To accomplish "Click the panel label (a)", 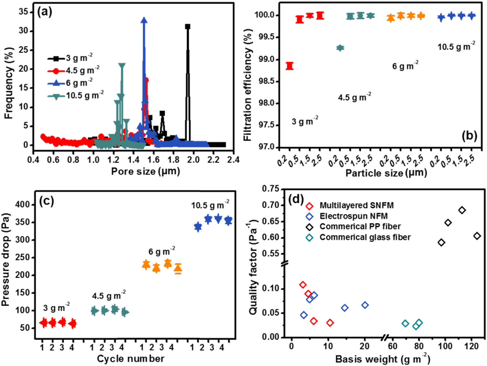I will [45, 12].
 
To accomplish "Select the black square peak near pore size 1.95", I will [188, 27].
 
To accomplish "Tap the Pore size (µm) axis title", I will [146, 171].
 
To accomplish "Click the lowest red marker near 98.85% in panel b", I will [290, 66].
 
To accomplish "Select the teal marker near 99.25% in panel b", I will [340, 48].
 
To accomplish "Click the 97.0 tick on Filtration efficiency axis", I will [267, 147].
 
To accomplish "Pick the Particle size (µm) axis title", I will [386, 173].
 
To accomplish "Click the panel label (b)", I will [469, 136].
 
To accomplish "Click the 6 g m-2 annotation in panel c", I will [162, 251].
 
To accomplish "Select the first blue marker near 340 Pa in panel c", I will [198, 227].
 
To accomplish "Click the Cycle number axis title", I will [131, 358].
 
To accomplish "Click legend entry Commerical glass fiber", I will [365, 237].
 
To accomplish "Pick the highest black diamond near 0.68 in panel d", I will [462, 210].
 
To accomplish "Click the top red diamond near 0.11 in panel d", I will [303, 285].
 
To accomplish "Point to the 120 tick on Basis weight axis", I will [471, 346].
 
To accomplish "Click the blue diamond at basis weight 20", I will [365, 305].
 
